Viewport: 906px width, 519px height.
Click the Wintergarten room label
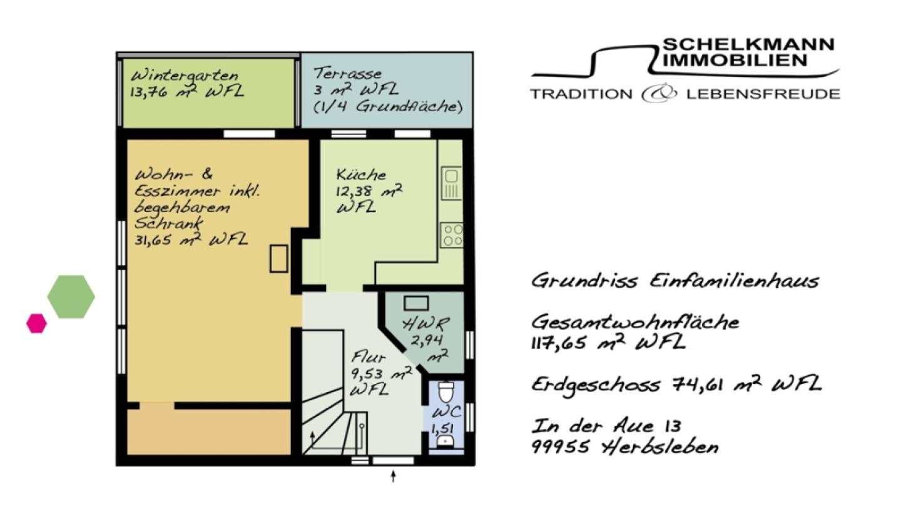pos(185,76)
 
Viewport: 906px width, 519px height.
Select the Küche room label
pos(361,175)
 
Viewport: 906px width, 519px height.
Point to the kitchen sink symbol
pos(451,183)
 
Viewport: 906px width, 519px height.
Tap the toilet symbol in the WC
pos(445,393)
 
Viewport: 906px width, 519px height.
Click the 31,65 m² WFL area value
pos(191,239)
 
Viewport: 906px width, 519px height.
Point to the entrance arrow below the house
pos(393,476)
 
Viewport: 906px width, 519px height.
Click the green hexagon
pos(71,296)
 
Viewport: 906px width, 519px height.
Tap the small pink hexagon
pos(36,323)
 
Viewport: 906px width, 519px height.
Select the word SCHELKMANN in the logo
pos(748,45)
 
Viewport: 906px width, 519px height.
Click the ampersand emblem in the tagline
pos(659,94)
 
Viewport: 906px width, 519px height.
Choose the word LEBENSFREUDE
pos(763,94)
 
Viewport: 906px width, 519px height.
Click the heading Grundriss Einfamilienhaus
pos(674,280)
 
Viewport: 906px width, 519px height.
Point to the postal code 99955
pos(560,447)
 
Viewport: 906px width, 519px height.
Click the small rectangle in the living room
pos(278,258)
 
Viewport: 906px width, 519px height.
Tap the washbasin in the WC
pos(445,441)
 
